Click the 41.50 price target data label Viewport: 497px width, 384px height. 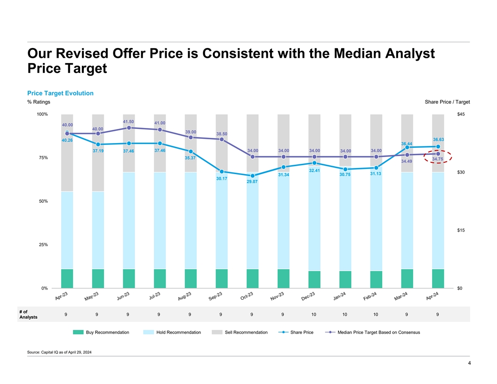coord(128,122)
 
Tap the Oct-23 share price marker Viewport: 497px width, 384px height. coord(252,176)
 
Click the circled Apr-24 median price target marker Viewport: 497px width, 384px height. coord(438,154)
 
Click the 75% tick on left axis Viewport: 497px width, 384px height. coord(42,158)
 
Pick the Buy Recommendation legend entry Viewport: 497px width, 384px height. coord(101,333)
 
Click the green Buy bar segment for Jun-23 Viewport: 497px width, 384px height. coord(128,278)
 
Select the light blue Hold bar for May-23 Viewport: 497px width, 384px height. coord(98,230)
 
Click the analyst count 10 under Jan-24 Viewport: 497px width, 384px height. coord(345,314)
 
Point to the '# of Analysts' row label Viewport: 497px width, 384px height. coord(28,314)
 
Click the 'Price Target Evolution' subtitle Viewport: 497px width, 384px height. coord(60,93)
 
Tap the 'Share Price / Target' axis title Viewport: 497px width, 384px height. coord(447,102)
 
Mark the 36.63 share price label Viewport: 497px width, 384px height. coord(438,139)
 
